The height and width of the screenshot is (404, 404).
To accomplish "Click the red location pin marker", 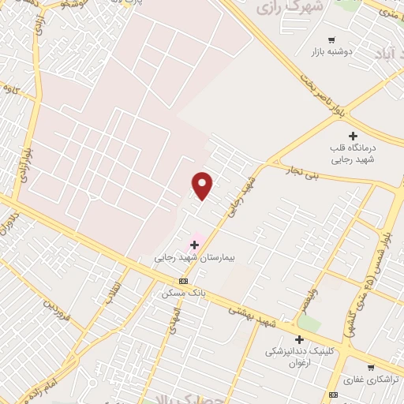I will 203,185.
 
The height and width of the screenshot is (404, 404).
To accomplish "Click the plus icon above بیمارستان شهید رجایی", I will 194,245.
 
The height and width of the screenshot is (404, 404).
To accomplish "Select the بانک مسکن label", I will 183,292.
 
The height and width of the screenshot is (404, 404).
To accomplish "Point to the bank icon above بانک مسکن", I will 183,281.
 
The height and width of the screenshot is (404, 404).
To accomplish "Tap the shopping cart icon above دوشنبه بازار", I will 331,39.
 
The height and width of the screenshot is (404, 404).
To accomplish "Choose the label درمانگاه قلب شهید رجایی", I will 353,153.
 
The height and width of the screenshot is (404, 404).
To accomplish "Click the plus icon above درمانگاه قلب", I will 353,137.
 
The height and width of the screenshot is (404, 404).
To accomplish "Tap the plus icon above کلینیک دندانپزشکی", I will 299,339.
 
